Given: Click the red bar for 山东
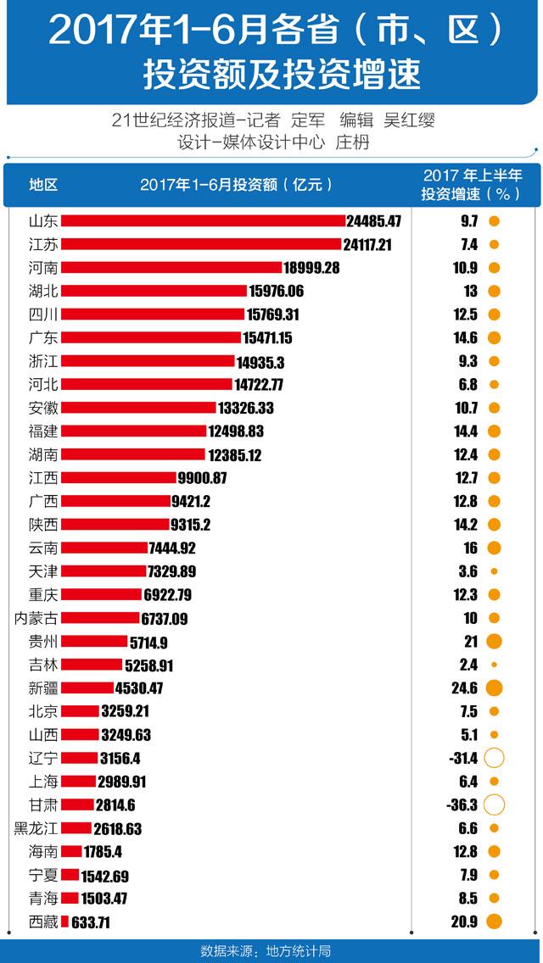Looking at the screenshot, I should tap(204, 221).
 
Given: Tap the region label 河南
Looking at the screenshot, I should tap(43, 268).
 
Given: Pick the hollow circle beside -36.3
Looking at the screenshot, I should tap(494, 804).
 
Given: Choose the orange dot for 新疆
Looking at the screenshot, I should tap(494, 687).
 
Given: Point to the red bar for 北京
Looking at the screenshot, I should tap(81, 711).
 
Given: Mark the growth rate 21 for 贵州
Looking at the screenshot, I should tap(470, 641).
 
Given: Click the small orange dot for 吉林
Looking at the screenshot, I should tap(494, 665).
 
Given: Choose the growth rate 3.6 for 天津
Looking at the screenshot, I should tap(467, 571).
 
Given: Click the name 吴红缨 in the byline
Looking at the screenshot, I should tap(409, 120).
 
